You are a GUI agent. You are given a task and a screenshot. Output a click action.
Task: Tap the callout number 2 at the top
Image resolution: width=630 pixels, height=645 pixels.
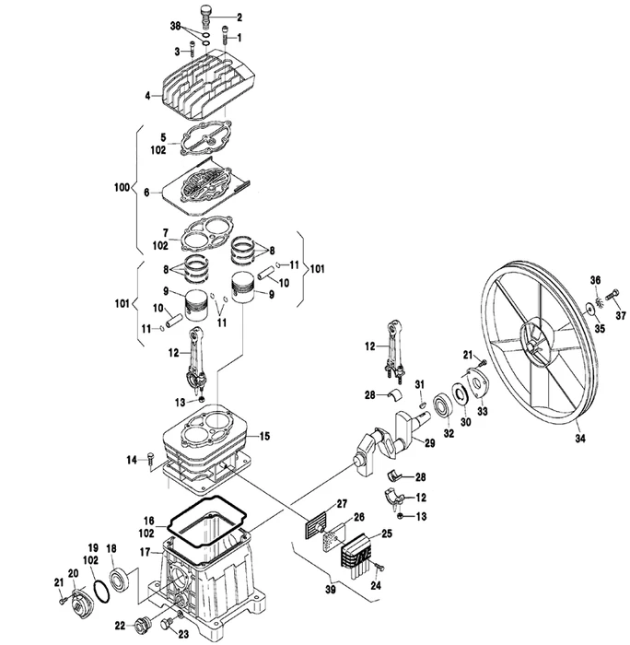click(x=239, y=18)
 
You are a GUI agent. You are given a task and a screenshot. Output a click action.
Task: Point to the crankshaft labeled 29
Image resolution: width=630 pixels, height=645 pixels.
click(x=395, y=440)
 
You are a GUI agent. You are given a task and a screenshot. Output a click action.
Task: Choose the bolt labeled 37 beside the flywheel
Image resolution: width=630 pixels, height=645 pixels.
click(x=612, y=296)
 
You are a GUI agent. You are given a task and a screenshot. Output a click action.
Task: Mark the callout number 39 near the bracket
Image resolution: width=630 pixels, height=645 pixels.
click(x=331, y=590)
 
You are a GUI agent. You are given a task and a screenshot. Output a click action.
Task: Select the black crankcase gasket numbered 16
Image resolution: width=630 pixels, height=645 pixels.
click(x=207, y=521)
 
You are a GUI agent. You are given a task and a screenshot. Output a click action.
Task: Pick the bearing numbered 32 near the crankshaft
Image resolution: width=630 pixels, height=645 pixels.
click(x=445, y=406)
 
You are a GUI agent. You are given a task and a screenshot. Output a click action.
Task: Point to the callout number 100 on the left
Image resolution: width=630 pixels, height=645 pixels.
click(x=122, y=188)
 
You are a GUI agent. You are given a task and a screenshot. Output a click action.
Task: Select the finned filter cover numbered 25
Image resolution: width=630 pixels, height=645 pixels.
click(x=357, y=553)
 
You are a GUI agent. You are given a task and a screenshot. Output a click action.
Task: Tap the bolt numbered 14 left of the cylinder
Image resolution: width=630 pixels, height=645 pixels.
click(x=150, y=458)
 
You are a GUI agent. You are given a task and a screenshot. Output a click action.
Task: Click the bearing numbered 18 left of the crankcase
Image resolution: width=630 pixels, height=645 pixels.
click(x=120, y=578)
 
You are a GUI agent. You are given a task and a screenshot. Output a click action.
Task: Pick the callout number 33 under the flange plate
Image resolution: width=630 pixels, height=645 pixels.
click(x=482, y=411)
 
